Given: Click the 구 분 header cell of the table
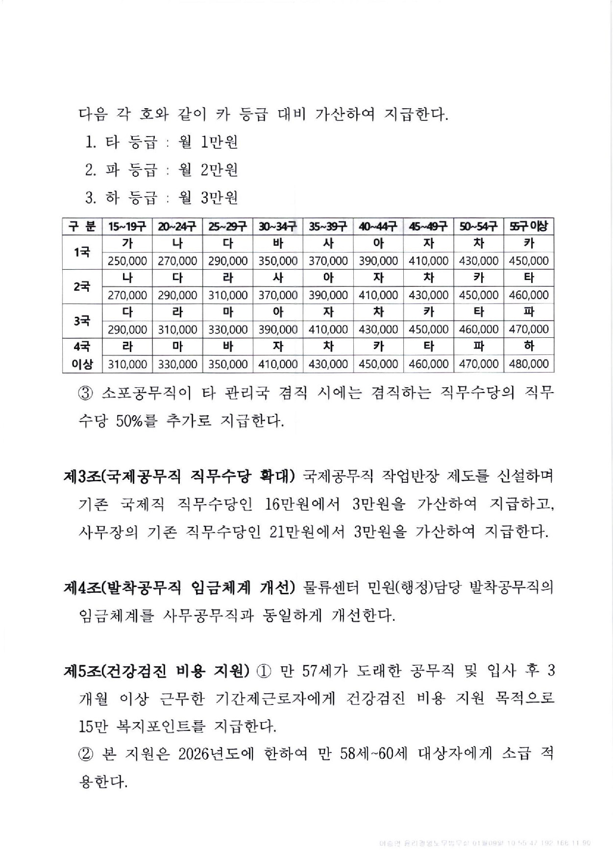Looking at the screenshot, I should [x=82, y=226].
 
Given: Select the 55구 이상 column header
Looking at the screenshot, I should [x=529, y=226].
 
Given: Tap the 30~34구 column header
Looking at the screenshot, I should [x=277, y=226].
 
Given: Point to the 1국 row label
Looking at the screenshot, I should [x=82, y=252].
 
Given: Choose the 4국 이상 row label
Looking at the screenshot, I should [x=82, y=355].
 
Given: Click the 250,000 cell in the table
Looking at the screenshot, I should [x=127, y=261].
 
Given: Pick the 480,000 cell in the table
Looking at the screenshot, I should [x=529, y=364].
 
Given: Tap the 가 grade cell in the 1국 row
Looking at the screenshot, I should [x=127, y=243].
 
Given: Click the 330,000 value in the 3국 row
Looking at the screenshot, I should [x=227, y=329].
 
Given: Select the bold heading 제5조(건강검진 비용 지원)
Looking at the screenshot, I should [x=157, y=671].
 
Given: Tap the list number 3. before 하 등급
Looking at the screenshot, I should [x=91, y=198].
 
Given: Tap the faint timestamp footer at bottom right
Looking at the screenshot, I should [x=485, y=844].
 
